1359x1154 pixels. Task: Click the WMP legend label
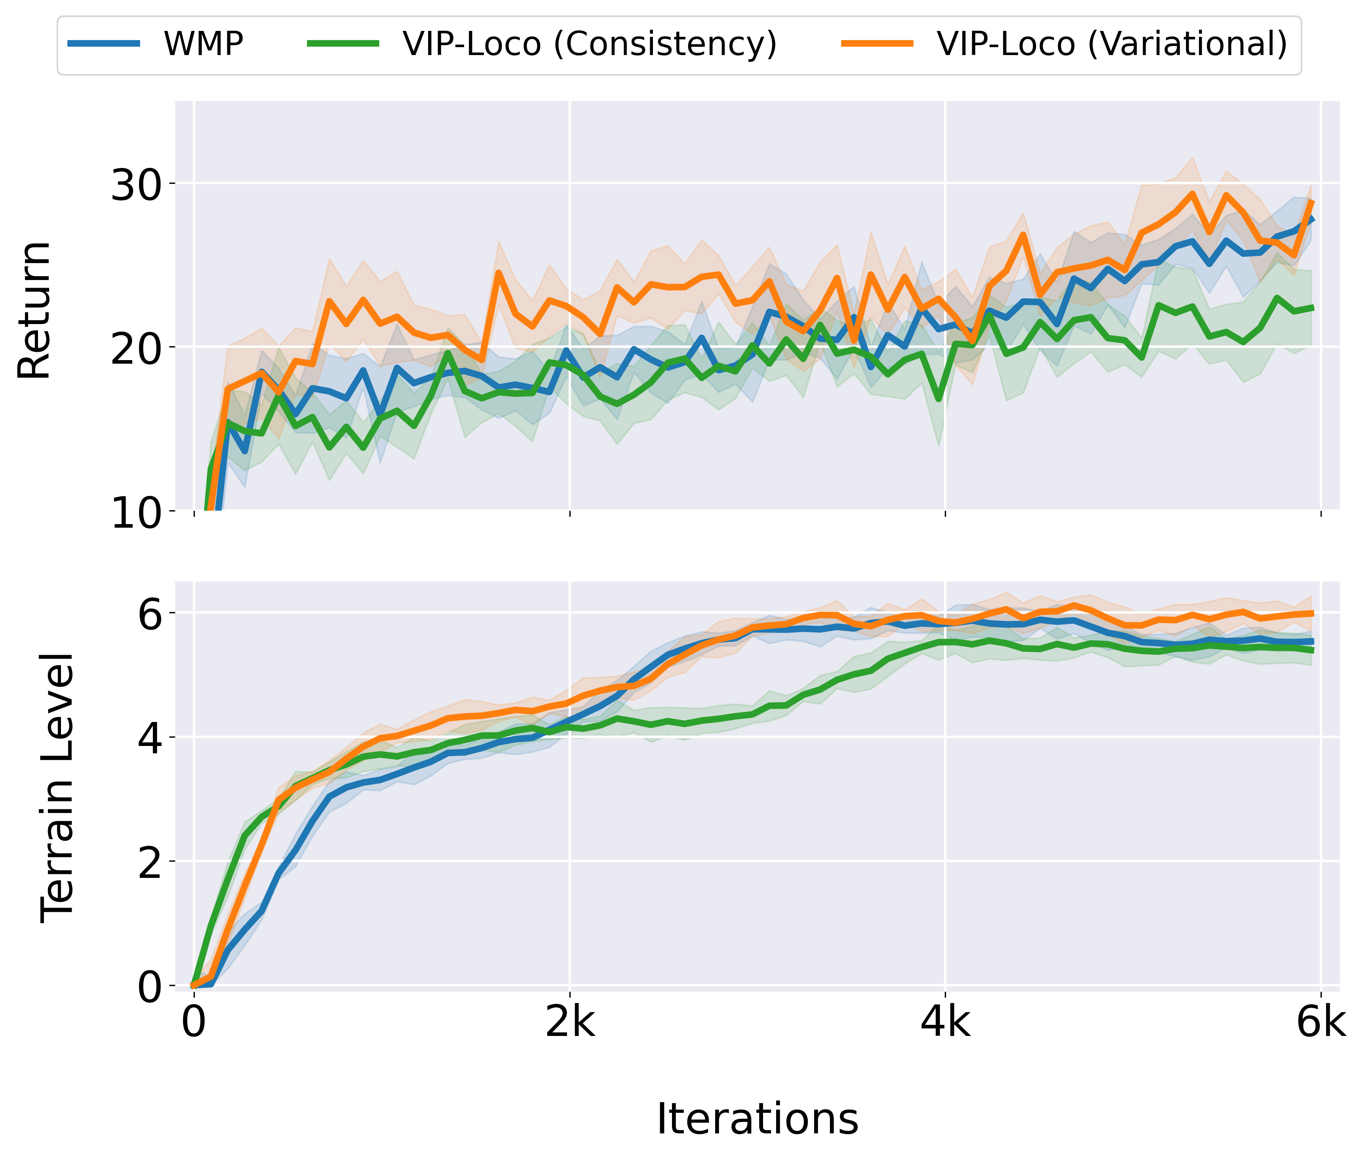[204, 44]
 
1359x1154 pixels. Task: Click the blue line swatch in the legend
[104, 44]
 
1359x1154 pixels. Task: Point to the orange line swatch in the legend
[877, 44]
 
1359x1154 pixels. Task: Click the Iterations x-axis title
[757, 1119]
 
